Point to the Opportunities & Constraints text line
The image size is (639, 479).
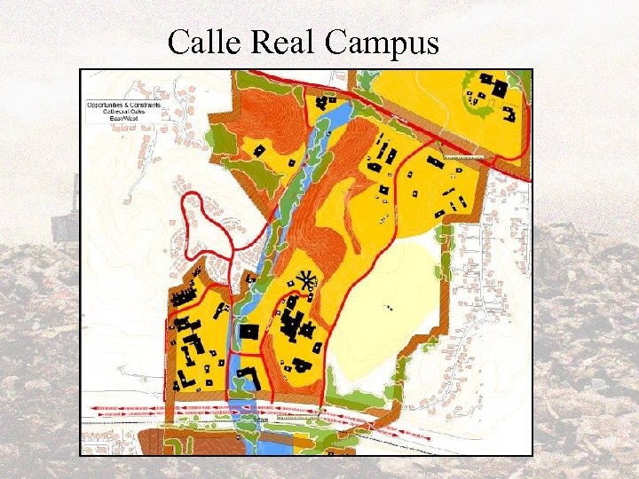tap(123, 105)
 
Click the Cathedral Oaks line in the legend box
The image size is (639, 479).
tap(123, 111)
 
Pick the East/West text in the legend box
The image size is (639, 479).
tap(123, 117)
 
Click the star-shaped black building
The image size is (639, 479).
tap(308, 282)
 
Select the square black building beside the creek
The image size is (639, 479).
tap(250, 332)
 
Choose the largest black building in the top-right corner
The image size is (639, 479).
tap(498, 89)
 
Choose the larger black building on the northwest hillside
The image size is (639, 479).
tap(259, 150)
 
